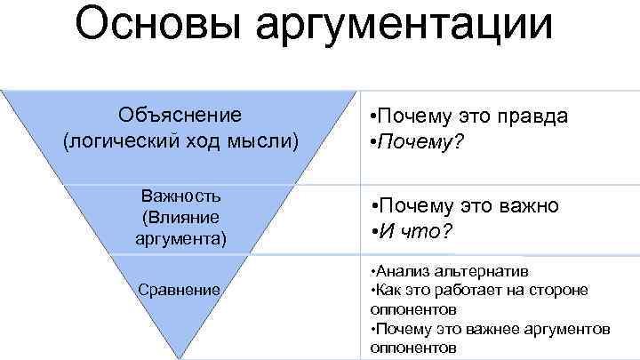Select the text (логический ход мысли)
click(180, 140)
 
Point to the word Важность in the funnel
click(181, 196)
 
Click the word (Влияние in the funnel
click(180, 218)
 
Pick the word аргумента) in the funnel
click(181, 238)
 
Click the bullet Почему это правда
click(468, 116)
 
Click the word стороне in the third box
click(560, 290)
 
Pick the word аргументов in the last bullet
click(570, 329)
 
